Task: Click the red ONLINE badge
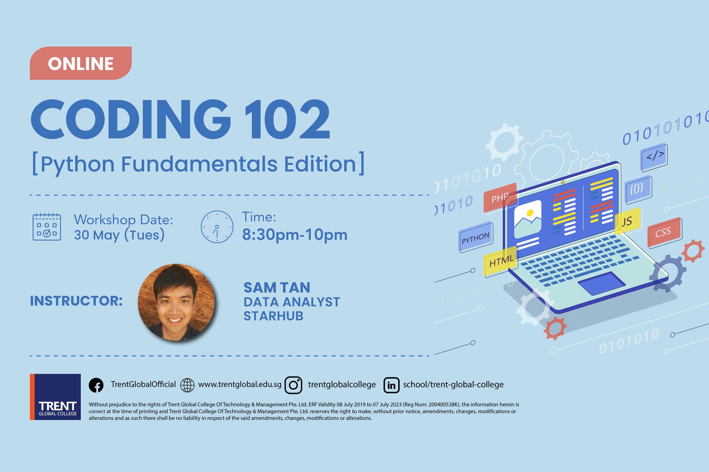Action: [x=81, y=63]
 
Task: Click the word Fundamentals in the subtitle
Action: [x=199, y=164]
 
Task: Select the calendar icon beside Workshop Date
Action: [x=47, y=227]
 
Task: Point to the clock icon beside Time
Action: [x=217, y=227]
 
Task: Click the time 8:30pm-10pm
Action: [x=295, y=235]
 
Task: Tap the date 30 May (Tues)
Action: [x=119, y=235]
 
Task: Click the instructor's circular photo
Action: [x=176, y=302]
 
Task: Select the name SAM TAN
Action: [x=277, y=287]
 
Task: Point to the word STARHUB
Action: [x=273, y=316]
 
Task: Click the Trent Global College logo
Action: [x=55, y=397]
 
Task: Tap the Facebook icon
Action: [x=96, y=385]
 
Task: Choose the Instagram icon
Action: [x=293, y=385]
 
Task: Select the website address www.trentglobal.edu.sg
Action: [x=240, y=384]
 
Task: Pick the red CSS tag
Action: [x=664, y=232]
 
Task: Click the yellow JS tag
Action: [x=628, y=221]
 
